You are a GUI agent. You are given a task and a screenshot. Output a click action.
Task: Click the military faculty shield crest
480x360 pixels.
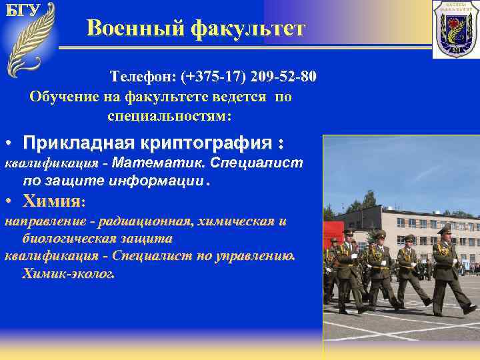click(455, 29)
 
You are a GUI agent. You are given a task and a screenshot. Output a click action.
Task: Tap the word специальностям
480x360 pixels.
click(169, 115)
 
